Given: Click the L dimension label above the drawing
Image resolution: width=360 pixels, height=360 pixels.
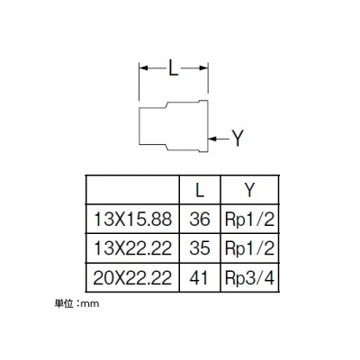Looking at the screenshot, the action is (x=174, y=68).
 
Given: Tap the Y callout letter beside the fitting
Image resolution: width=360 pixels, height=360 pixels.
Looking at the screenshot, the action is (x=238, y=139).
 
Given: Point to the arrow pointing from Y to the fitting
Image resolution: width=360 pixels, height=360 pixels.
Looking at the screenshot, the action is (x=219, y=139).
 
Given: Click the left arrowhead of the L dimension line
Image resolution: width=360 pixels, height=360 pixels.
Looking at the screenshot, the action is (x=143, y=68).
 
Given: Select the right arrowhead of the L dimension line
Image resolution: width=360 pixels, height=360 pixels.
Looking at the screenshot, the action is (x=203, y=68).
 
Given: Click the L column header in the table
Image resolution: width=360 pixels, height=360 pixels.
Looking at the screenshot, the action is (x=200, y=190).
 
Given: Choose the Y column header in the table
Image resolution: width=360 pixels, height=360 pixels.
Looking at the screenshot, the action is (x=249, y=190).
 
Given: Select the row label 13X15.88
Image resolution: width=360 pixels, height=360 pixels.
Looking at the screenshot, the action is (x=132, y=220).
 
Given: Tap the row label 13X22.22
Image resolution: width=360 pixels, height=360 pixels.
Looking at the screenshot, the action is (x=132, y=248).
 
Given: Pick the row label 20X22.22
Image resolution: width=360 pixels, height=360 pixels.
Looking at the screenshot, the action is (x=132, y=277).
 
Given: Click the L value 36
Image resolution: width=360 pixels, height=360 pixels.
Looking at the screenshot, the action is (x=200, y=220).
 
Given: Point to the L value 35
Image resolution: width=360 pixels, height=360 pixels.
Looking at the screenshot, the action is (x=200, y=248).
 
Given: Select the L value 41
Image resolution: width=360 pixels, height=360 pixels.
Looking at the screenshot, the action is (x=199, y=277).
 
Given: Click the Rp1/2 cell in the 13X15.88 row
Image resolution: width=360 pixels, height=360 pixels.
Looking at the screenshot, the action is (x=249, y=220).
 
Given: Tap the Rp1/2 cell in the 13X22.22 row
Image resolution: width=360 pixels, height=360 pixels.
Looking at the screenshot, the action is (x=249, y=249).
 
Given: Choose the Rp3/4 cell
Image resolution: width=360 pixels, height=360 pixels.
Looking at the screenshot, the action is (x=249, y=278).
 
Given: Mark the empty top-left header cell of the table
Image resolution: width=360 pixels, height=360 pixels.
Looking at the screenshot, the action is (x=132, y=190).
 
